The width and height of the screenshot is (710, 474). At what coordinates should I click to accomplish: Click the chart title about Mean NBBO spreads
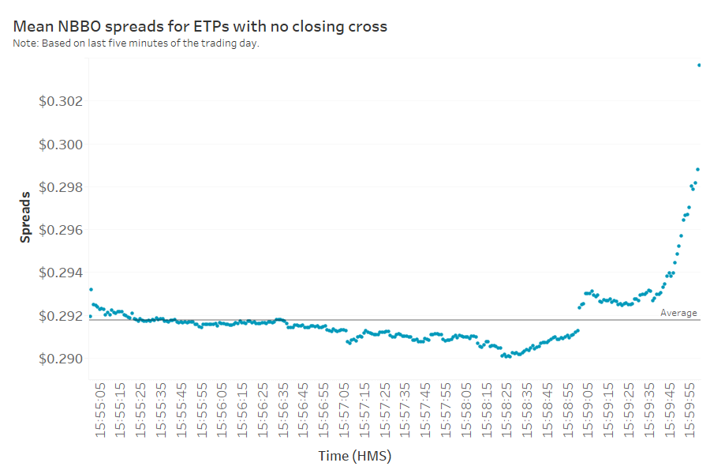200,27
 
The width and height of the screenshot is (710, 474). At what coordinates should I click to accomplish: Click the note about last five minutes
136,43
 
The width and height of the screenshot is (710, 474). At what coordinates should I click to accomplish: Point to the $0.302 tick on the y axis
61,101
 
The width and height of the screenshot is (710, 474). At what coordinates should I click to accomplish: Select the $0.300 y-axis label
61,145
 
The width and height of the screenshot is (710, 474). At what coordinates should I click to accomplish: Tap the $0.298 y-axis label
61,187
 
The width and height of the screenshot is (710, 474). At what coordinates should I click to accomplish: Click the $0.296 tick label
61,230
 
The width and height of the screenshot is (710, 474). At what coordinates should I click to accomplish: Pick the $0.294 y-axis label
61,273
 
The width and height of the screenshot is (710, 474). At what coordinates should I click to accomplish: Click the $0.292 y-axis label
61,316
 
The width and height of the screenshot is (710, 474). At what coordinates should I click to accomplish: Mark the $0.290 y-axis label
61,359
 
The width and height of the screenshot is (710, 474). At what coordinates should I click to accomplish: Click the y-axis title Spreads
25,215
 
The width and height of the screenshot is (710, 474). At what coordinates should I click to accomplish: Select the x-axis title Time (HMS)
355,456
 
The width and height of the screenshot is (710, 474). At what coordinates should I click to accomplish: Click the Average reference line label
678,313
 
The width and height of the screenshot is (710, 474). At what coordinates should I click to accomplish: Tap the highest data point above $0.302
699,65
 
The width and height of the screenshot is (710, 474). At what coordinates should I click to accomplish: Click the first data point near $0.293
91,289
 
